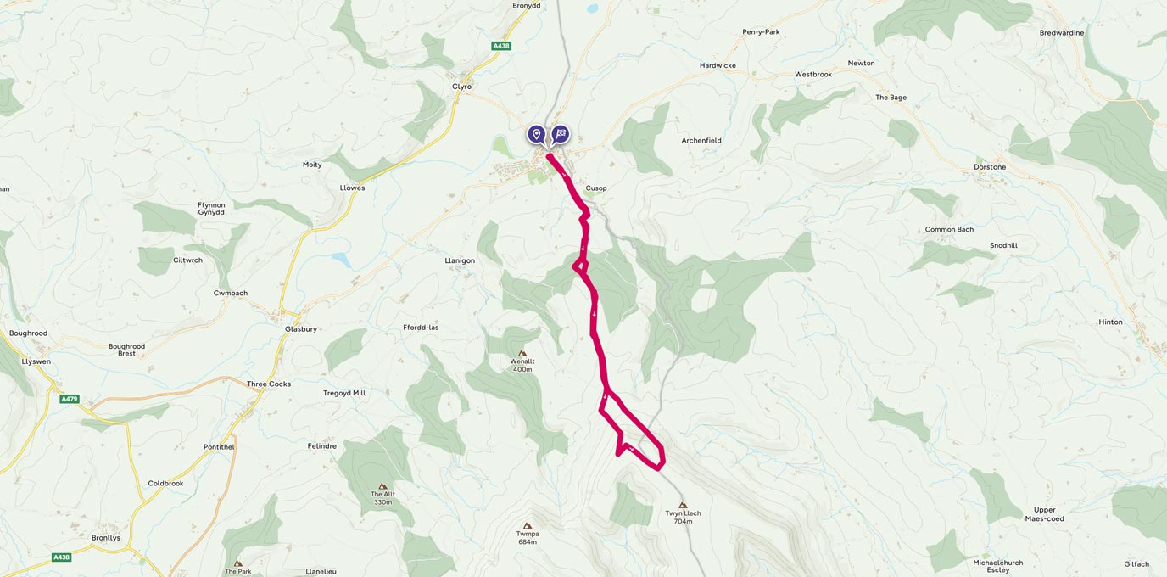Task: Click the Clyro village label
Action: tap(461, 87)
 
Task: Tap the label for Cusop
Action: tap(596, 188)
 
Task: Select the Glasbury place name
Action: tap(301, 329)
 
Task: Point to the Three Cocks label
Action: tap(269, 384)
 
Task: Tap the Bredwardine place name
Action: tap(1062, 33)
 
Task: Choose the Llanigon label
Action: tap(460, 261)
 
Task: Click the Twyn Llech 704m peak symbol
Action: tap(683, 505)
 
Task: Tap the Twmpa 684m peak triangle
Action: tap(528, 526)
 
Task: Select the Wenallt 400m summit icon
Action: tap(522, 353)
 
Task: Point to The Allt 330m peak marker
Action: tap(382, 486)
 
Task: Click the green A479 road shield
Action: tap(70, 399)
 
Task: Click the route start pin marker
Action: tap(536, 134)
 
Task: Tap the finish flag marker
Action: tap(561, 134)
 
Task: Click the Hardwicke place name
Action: tap(718, 66)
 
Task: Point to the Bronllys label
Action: tap(106, 538)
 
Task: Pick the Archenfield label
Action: tap(701, 141)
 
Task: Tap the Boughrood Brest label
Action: tap(126, 350)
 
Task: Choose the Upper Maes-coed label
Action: tap(1044, 514)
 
